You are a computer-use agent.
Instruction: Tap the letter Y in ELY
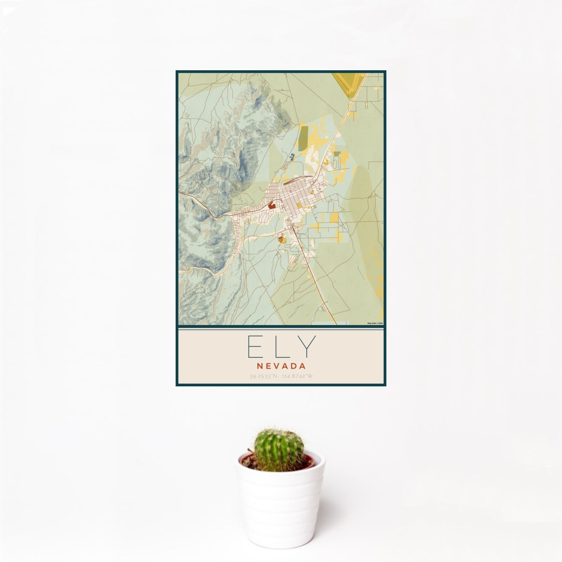[308, 347]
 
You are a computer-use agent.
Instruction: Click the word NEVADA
[281, 365]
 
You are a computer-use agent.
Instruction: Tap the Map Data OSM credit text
[375, 323]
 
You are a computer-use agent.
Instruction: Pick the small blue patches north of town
[292, 157]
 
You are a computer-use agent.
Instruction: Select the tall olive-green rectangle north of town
[304, 135]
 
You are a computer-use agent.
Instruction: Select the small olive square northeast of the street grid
[337, 153]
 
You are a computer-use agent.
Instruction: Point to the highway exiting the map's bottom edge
[335, 322]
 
